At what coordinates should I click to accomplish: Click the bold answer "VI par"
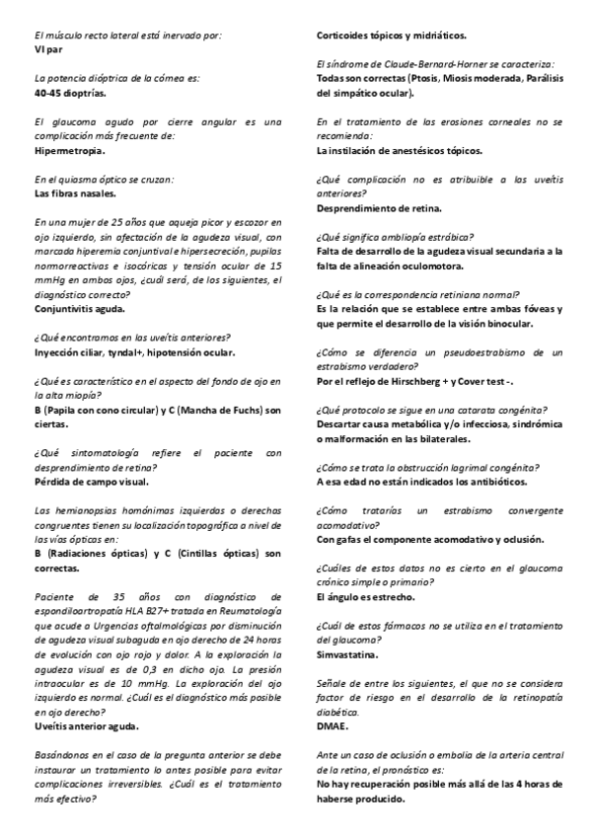pos(49,46)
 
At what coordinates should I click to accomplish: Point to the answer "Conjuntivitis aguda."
pos(80,309)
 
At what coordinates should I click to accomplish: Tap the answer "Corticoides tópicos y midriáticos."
pos(392,35)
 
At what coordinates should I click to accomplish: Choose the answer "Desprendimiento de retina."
pos(379,207)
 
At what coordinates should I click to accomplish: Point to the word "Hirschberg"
pos(432,380)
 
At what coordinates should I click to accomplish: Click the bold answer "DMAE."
pos(333,725)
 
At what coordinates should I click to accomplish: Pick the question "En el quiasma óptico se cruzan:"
pos(105,180)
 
